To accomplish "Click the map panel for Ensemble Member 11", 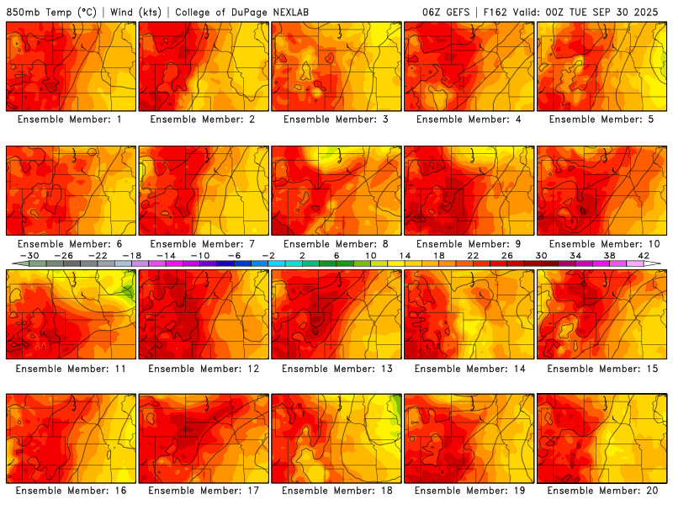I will (71, 314).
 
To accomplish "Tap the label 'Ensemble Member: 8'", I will (336, 244).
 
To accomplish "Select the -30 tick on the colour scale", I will (29, 256).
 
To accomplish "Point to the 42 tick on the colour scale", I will (644, 256).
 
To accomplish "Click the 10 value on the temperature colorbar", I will (370, 256).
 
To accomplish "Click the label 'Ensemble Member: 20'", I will (601, 491).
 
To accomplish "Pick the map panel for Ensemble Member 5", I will (602, 66).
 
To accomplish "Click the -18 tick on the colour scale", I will (132, 256).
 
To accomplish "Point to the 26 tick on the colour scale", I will (507, 256).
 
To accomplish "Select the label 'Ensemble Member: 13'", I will (336, 368).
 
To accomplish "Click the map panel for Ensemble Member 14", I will (469, 314).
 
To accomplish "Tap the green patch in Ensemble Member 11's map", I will (127, 292).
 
